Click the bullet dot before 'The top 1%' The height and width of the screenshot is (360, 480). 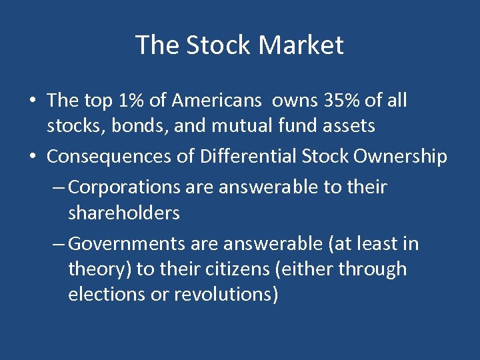pos(32,101)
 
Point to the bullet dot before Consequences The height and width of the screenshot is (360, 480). pos(32,157)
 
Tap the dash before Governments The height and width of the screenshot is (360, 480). pos(59,245)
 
